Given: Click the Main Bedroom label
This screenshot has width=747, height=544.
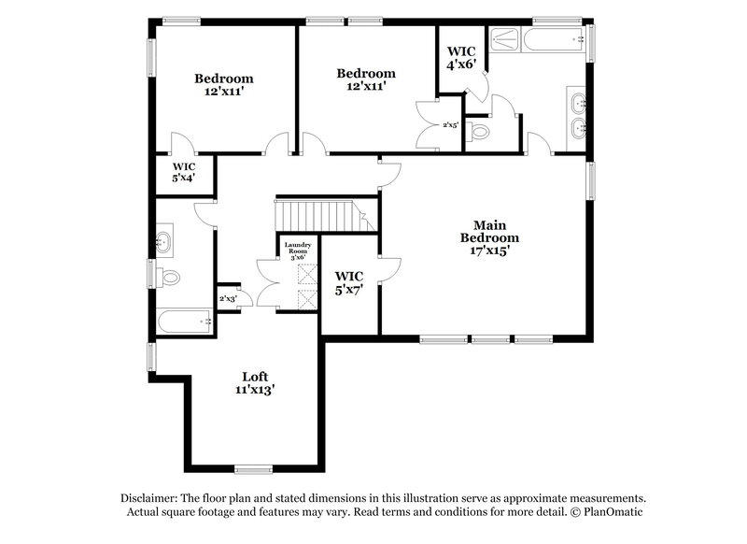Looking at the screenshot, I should click(495, 232).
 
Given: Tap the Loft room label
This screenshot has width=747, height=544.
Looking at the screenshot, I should click(254, 377).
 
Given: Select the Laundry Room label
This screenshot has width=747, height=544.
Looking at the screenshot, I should click(303, 250).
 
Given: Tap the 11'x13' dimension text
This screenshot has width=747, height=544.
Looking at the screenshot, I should click(254, 391).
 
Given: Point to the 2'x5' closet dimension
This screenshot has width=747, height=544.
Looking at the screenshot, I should click(450, 124).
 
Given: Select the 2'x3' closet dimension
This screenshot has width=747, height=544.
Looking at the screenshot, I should click(227, 299).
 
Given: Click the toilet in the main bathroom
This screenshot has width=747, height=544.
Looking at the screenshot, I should click(480, 133).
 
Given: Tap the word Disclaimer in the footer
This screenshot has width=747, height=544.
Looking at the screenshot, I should click(151, 498).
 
